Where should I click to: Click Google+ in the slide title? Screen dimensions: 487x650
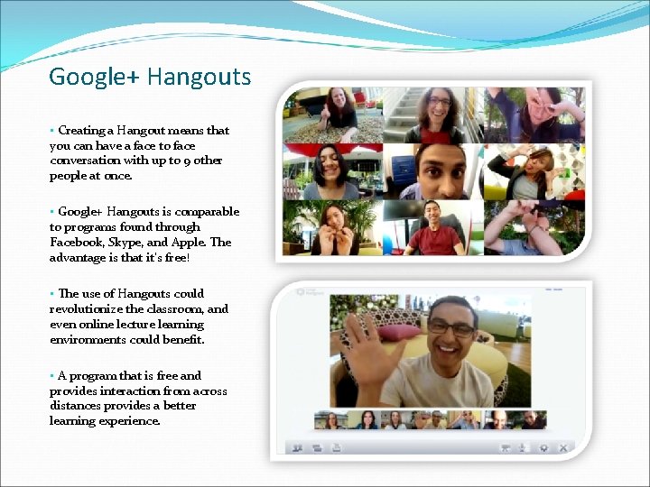point(94,77)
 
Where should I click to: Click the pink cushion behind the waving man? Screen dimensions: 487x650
point(398,332)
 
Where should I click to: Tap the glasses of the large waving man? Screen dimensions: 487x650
point(450,328)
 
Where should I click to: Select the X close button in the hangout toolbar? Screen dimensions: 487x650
point(563,447)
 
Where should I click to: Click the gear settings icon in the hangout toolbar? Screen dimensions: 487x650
point(543,447)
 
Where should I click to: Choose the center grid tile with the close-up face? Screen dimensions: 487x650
point(433,171)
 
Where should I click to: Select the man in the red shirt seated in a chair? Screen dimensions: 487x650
point(435,230)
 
